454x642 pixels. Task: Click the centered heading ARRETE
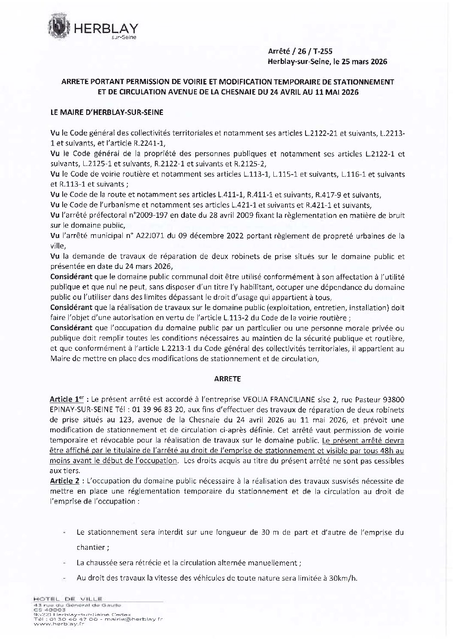point(227,379)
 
